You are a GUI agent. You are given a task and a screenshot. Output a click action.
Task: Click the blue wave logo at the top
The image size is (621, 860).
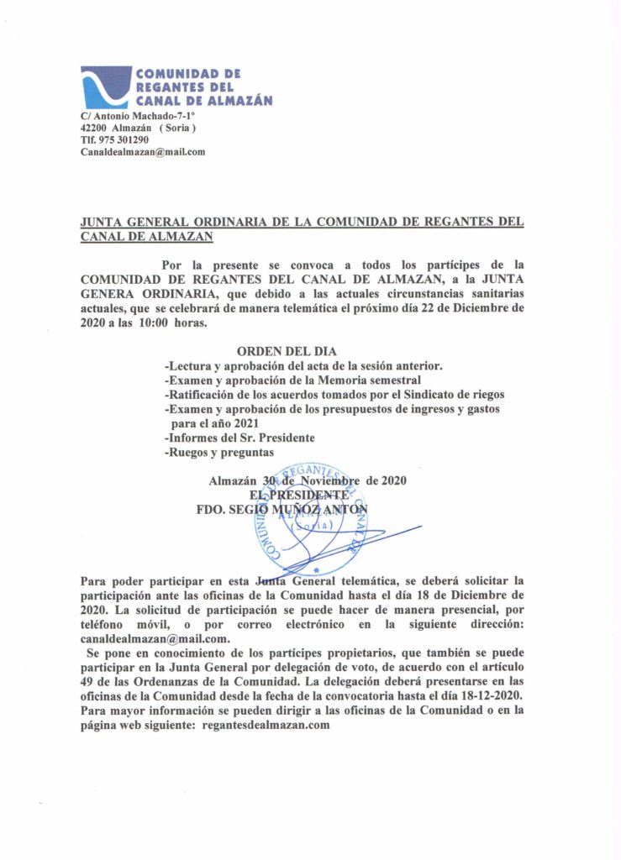pyautogui.click(x=106, y=87)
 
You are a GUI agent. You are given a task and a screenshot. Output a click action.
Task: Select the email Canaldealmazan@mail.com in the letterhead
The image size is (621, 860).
pyautogui.click(x=143, y=152)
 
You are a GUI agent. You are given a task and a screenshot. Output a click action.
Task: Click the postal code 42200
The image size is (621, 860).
pyautogui.click(x=92, y=127)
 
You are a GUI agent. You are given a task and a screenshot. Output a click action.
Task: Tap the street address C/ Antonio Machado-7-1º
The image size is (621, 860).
pyautogui.click(x=137, y=115)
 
